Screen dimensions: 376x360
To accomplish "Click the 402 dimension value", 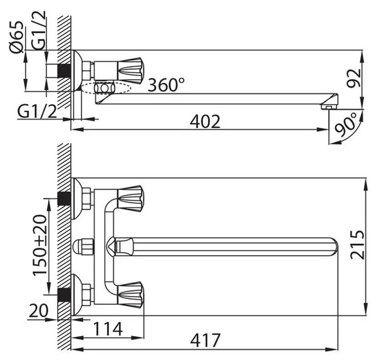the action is pos(205,122).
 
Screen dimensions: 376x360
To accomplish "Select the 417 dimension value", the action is pos(206,340).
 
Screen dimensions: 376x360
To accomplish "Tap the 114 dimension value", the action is pos(108,329).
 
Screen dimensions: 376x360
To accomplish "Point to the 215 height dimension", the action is pos(357,245).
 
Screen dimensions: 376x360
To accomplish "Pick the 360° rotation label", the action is pos(166,85).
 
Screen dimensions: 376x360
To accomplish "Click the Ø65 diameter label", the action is pos(17,37).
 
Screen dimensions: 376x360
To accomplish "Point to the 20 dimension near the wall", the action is pos(38,310).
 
